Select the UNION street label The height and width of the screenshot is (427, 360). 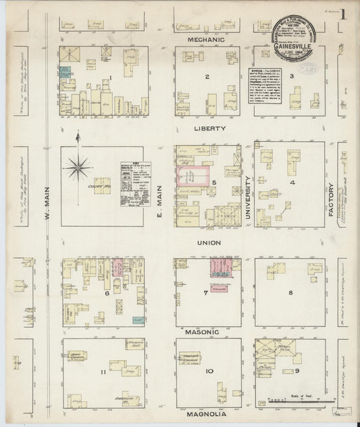point(208,243)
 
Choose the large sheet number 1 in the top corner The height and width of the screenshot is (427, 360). point(342,14)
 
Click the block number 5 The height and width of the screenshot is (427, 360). point(213,182)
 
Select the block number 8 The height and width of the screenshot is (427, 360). point(290,293)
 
